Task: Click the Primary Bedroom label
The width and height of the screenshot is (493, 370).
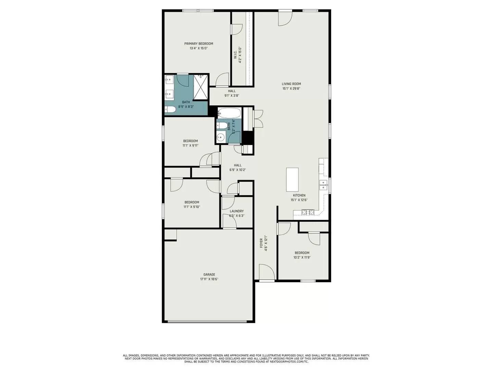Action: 199,44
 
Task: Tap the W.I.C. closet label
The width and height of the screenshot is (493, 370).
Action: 236,55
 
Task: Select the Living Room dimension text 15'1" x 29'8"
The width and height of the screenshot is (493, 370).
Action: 291,89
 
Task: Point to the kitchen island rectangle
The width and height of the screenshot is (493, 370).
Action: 292,180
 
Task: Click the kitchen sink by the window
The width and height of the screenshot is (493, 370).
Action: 323,185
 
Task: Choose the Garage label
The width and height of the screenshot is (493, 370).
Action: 209,274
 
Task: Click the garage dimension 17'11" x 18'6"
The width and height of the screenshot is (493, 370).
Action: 209,279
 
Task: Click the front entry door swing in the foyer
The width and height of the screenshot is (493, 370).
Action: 266,272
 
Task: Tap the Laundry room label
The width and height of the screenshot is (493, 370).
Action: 237,211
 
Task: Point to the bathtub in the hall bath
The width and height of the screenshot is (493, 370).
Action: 229,112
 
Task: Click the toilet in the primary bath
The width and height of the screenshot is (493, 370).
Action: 170,110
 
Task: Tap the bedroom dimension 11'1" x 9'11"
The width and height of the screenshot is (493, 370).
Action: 190,146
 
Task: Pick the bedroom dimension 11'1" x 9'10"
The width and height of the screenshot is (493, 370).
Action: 192,207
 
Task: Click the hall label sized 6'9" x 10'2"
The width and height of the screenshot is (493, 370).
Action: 238,165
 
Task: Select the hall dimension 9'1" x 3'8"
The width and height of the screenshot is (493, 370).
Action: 232,96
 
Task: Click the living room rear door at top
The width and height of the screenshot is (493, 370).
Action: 285,18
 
